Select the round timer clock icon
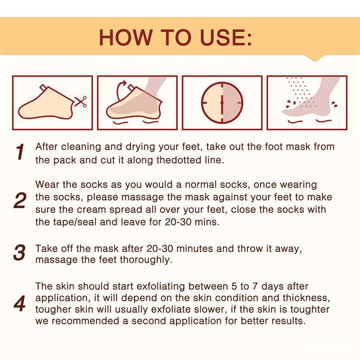pyautogui.click(x=222, y=103)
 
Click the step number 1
pyautogui.click(x=19, y=152)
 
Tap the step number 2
pyautogui.click(x=19, y=201)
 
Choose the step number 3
pyautogui.click(x=19, y=252)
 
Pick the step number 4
pyautogui.click(x=19, y=304)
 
